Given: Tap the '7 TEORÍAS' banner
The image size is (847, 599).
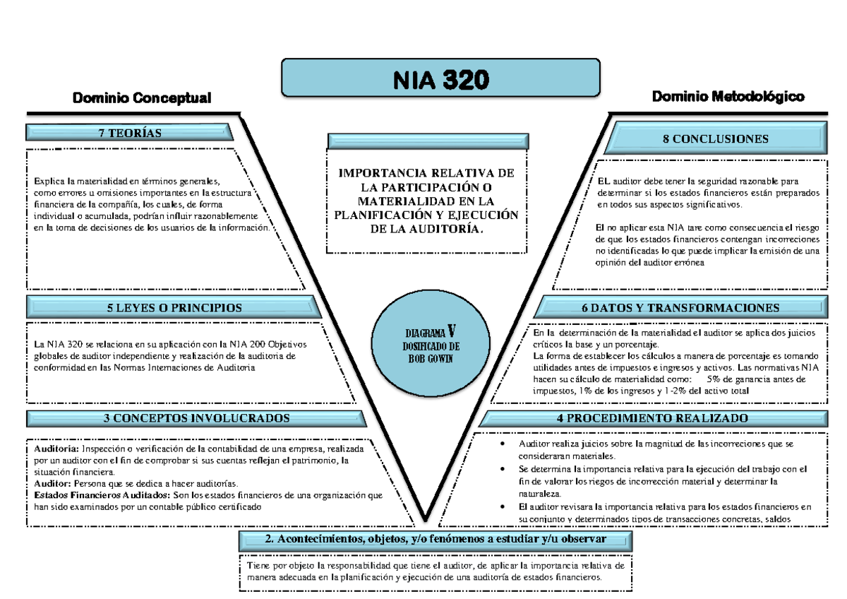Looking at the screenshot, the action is pyautogui.click(x=130, y=133).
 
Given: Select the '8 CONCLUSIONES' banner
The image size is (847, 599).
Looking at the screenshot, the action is pyautogui.click(x=715, y=138).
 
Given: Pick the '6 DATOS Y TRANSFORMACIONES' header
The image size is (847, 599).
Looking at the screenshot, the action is pyautogui.click(x=681, y=307).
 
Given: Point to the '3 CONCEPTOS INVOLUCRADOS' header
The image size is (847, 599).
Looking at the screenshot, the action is pyautogui.click(x=196, y=417).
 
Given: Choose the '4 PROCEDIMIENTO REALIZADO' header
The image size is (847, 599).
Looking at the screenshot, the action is pyautogui.click(x=652, y=417).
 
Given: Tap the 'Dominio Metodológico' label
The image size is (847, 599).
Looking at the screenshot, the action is pyautogui.click(x=728, y=96).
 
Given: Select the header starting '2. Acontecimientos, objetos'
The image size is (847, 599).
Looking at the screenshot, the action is pyautogui.click(x=435, y=540).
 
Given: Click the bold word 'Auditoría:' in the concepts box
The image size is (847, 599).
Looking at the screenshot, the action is pyautogui.click(x=56, y=449).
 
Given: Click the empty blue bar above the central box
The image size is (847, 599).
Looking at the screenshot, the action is pyautogui.click(x=428, y=140).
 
